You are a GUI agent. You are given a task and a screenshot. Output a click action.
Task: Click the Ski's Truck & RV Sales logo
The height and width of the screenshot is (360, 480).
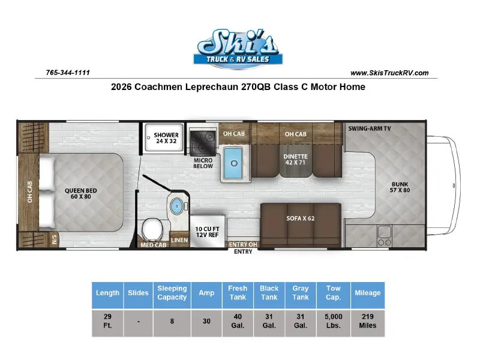pyautogui.click(x=238, y=49)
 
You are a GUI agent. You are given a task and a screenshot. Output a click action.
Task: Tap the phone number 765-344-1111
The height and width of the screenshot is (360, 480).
pyautogui.click(x=68, y=73)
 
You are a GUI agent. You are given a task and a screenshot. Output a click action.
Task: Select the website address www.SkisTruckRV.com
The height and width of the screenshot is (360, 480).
pyautogui.click(x=389, y=73)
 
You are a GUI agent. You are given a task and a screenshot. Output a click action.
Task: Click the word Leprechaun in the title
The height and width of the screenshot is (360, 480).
pyautogui.click(x=212, y=87)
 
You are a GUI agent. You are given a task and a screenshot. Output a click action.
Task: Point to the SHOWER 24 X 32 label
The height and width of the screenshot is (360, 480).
pyautogui.click(x=166, y=138)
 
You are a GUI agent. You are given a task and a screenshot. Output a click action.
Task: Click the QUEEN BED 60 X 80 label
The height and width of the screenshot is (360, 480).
pyautogui.click(x=81, y=193)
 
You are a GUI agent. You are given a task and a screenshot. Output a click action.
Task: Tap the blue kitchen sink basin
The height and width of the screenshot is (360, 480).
pyautogui.click(x=233, y=163)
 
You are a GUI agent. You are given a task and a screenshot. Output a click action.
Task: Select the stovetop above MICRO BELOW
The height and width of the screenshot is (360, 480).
pyautogui.click(x=203, y=142)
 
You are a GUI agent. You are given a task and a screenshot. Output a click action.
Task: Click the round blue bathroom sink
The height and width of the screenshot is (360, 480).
pyautogui.click(x=176, y=206)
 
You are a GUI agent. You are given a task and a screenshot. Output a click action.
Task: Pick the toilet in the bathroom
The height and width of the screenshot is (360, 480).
pyautogui.click(x=152, y=230)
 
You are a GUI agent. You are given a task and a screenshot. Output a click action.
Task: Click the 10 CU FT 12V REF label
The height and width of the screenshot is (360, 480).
pyautogui.click(x=207, y=232)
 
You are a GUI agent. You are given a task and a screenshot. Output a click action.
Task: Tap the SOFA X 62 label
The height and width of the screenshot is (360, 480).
pyautogui.click(x=301, y=218)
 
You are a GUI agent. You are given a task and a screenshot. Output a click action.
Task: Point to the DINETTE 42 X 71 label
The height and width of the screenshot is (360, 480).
pyautogui.click(x=295, y=160)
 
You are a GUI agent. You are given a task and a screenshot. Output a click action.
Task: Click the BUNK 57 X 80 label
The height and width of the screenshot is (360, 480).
pyautogui.click(x=400, y=187)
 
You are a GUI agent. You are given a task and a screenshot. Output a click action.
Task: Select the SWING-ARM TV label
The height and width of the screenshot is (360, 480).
pyautogui.click(x=370, y=128)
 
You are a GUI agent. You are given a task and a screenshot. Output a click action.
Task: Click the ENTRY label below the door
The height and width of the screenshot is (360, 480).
pyautogui.click(x=243, y=251)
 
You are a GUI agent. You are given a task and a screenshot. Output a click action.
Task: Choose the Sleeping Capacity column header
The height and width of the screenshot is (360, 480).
pyautogui.click(x=172, y=293)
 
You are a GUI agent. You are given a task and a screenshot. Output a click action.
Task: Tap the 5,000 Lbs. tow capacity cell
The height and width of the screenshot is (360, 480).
pyautogui.click(x=334, y=321)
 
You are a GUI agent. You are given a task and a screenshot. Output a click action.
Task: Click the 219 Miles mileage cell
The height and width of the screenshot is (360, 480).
pyautogui.click(x=368, y=321)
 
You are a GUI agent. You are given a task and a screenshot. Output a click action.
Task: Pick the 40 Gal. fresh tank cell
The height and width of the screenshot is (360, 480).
pyautogui.click(x=238, y=321)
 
